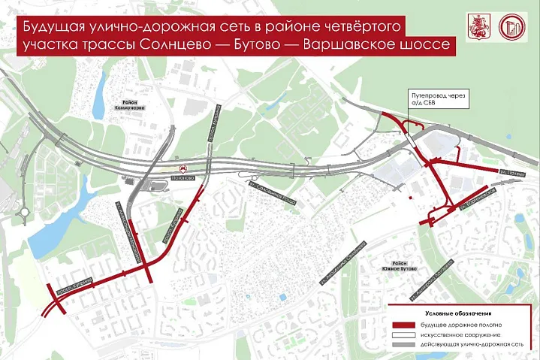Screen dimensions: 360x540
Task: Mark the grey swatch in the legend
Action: tap(403, 343)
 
